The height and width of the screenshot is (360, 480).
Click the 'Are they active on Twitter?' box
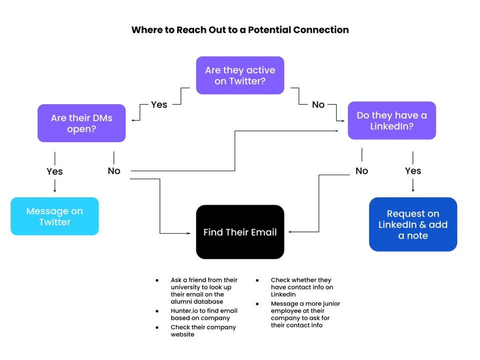pyautogui.click(x=240, y=75)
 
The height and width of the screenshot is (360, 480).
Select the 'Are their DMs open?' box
pyautogui.click(x=82, y=123)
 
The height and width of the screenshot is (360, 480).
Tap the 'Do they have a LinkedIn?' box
pyautogui.click(x=392, y=120)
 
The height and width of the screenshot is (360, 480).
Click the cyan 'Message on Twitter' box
pyautogui.click(x=55, y=216)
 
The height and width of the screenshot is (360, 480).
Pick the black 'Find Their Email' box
pyautogui.click(x=240, y=232)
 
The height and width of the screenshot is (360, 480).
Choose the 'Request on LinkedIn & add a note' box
pyautogui.click(x=413, y=225)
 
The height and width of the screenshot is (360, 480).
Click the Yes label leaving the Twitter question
pyautogui.click(x=159, y=105)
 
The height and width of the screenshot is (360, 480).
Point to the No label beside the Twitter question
pyautogui.click(x=318, y=105)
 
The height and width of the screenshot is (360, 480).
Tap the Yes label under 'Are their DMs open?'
pyautogui.click(x=55, y=171)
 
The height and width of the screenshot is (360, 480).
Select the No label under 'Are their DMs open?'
pyautogui.click(x=114, y=171)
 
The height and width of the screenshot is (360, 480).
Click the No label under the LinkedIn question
pyautogui.click(x=362, y=171)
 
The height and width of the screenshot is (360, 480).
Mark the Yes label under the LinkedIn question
pyautogui.click(x=413, y=171)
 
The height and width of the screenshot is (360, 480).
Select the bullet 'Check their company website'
pyautogui.click(x=203, y=331)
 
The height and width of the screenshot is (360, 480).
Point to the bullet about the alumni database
pyautogui.click(x=204, y=291)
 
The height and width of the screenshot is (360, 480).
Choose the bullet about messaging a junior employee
pyautogui.click(x=305, y=314)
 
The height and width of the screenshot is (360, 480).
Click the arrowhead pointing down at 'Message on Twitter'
pyautogui.click(x=55, y=191)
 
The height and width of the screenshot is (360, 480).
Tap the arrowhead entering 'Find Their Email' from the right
pyautogui.click(x=290, y=232)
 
